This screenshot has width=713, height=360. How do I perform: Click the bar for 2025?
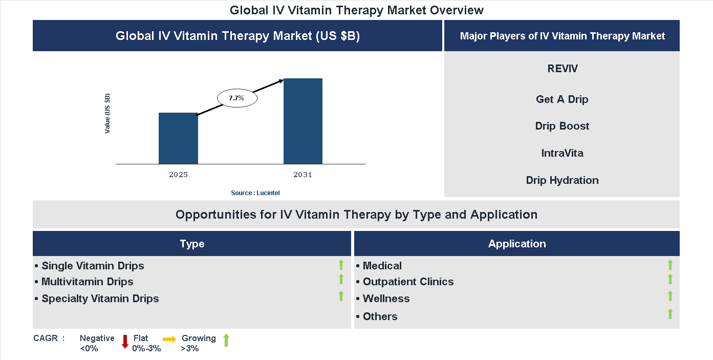click(178, 138)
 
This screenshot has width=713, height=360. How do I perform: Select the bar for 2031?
click(303, 121)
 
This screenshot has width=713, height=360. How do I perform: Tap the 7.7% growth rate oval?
click(237, 97)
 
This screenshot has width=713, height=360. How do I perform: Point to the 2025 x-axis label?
click(178, 175)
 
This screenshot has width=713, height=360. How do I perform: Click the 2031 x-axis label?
click(303, 175)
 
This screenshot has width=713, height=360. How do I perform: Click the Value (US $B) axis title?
click(107, 114)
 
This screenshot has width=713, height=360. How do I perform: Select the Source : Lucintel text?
click(255, 193)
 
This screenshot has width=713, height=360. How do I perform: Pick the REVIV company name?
click(562, 69)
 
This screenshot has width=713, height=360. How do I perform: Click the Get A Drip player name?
click(562, 99)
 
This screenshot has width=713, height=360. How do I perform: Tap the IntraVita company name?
click(562, 153)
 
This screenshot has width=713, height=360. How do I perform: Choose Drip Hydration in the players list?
click(562, 180)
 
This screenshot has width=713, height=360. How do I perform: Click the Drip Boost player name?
click(562, 126)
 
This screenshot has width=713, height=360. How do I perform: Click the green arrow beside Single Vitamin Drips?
click(341, 265)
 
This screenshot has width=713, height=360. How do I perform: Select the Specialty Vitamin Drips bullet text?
click(100, 299)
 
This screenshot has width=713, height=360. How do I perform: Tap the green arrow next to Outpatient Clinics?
click(670, 280)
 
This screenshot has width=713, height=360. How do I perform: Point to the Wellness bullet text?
click(386, 299)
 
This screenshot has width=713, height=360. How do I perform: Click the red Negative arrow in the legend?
click(125, 342)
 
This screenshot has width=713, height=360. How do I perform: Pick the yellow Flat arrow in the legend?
click(169, 339)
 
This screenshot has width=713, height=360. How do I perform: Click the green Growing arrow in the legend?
click(226, 340)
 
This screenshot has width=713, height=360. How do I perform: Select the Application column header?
click(517, 244)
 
